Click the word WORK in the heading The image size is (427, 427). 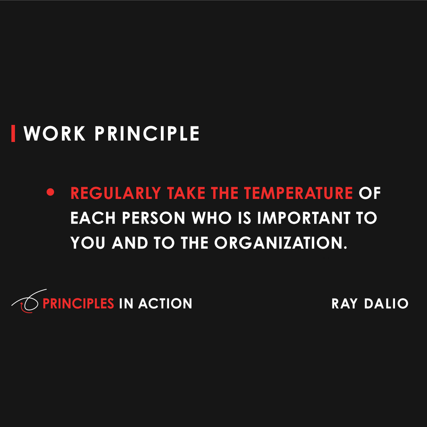[x=54, y=134]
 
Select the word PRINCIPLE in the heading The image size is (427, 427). [x=147, y=134]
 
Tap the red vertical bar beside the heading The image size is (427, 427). [x=13, y=134]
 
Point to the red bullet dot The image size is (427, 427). [x=51, y=193]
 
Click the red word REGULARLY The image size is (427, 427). [x=116, y=193]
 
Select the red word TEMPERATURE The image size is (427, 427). [x=298, y=193]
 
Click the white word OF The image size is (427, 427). [x=370, y=193]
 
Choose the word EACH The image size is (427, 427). [x=93, y=218]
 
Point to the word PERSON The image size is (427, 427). [x=154, y=218]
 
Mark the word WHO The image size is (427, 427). [x=212, y=218]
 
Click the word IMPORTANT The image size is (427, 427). [x=304, y=218]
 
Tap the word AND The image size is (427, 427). [x=130, y=243]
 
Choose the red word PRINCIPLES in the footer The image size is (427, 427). [x=78, y=304]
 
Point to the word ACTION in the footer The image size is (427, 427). [x=165, y=304]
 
